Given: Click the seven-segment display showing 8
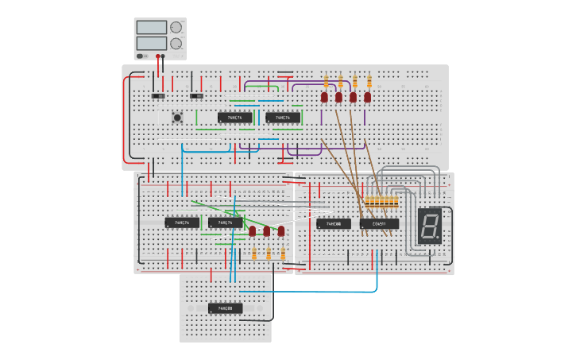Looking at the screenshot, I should tap(429, 226).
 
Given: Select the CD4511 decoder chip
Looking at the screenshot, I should tap(379, 224).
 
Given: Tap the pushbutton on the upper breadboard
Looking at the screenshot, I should tap(177, 118).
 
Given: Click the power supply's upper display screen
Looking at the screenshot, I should tap(151, 27).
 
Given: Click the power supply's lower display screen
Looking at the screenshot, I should tap(151, 43).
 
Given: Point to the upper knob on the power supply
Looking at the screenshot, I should tap(176, 27).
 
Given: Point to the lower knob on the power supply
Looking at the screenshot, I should tap(176, 44).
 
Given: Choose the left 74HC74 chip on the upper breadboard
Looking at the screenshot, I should tap(234, 118).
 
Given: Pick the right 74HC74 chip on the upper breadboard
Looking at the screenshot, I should tap(283, 118).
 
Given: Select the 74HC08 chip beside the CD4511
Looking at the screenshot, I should tap(333, 224).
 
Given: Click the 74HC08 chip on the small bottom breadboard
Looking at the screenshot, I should tap(225, 308).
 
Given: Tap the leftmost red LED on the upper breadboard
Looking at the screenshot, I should tap(324, 97).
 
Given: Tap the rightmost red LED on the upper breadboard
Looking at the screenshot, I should tap(368, 97).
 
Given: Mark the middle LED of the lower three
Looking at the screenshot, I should tap(267, 231).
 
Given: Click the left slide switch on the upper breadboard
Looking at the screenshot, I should tap(158, 96).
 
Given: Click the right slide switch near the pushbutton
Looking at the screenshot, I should tap(196, 96).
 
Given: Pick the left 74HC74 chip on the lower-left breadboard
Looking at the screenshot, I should tap(182, 223).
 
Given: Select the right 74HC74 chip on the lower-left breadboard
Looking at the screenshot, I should tap(225, 223).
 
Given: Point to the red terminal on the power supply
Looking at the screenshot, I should tap(158, 56).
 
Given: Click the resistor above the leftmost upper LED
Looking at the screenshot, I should tap(325, 80).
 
